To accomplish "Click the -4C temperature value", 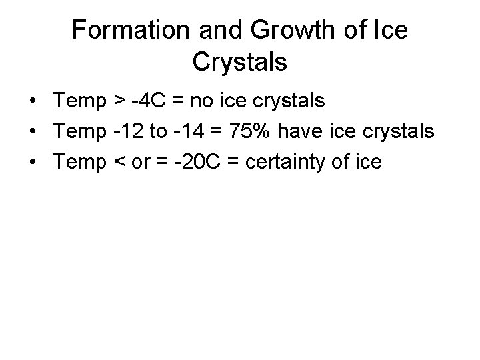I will coord(149,101).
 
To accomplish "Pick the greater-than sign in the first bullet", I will coord(117,102).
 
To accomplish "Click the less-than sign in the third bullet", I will coord(117,161).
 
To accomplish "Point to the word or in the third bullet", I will coord(139,161).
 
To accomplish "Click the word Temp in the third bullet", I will coord(79,161).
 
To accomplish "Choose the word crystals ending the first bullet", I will coord(292,101).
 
